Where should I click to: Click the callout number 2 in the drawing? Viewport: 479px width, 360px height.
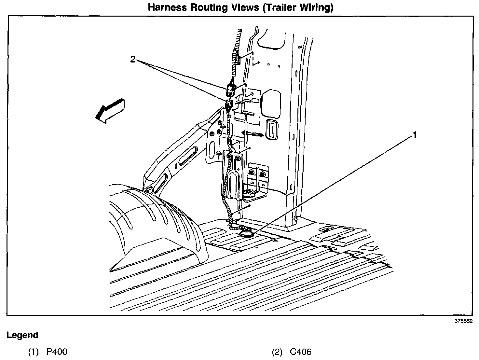pos(132,60)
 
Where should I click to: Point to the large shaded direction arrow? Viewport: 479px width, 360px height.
pos(109,110)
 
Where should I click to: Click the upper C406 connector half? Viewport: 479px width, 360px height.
pos(230,90)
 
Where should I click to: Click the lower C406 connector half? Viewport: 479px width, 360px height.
pos(229,104)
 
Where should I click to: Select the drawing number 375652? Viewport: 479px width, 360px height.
pos(463,321)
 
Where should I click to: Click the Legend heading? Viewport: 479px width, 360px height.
pos(22,335)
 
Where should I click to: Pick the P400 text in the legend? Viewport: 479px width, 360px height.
pos(57,352)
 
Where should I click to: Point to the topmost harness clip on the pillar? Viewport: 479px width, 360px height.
pos(238,60)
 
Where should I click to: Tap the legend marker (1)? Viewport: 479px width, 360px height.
pos(33,352)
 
